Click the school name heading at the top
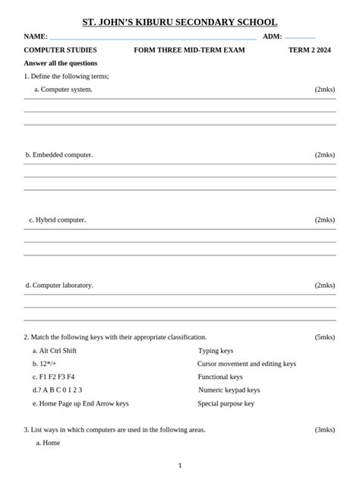[x=179, y=23]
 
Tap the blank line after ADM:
[x=300, y=36]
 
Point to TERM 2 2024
[x=310, y=50]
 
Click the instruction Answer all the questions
[x=61, y=63]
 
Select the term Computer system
[x=67, y=90]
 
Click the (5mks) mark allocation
[x=324, y=337]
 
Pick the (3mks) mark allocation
[x=324, y=429]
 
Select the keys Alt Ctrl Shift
[x=58, y=351]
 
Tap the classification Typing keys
[x=216, y=351]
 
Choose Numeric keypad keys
[x=229, y=390]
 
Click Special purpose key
[x=226, y=403]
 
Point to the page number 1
[x=180, y=465]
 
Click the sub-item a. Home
[x=48, y=443]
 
